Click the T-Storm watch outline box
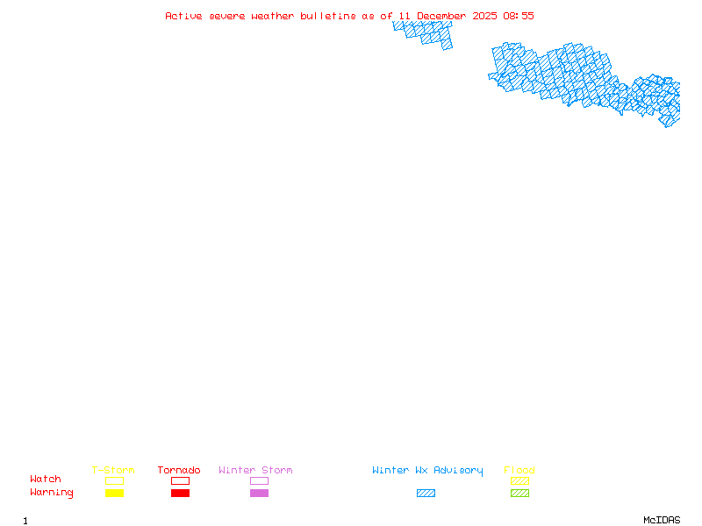[114, 480]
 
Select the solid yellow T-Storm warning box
[114, 494]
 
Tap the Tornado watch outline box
[180, 480]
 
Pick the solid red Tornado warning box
[180, 494]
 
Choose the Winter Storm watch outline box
[259, 480]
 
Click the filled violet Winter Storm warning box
[259, 494]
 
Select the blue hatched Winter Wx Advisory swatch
[426, 494]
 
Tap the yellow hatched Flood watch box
[519, 480]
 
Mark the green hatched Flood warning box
[519, 494]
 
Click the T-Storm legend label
[113, 471]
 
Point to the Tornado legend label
[179, 471]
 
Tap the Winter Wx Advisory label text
[427, 471]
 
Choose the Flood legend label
[519, 471]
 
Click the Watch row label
[46, 480]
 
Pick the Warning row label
[52, 493]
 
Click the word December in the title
[441, 16]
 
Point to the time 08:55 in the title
[519, 16]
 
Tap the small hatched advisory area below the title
[425, 33]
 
